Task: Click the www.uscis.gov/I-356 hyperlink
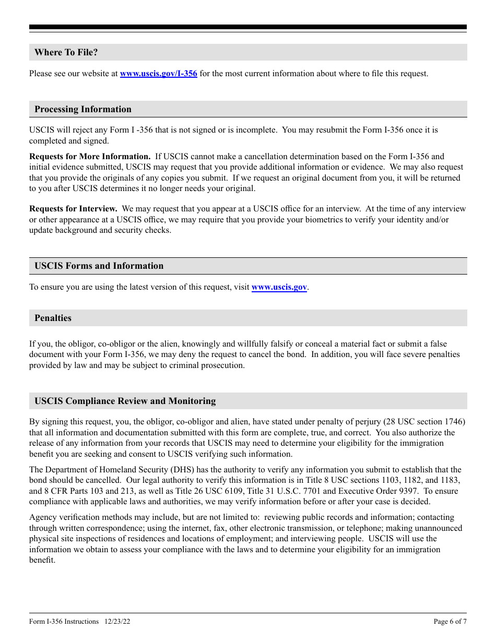(x=158, y=74)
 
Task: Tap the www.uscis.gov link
(x=279, y=287)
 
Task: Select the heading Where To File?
(x=66, y=52)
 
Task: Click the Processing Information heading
(x=82, y=109)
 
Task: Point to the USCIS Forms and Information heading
(x=99, y=266)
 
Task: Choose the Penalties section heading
(x=53, y=318)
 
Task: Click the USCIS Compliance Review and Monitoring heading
(x=125, y=401)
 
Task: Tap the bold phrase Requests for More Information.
(x=89, y=157)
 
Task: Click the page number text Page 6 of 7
(x=450, y=621)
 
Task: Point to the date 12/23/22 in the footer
(x=117, y=621)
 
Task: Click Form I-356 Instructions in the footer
(x=64, y=621)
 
